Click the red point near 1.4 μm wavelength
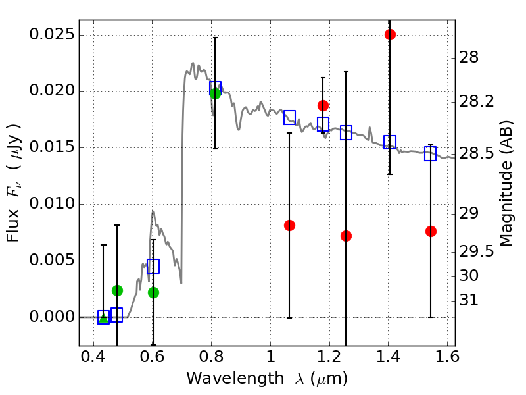[x=390, y=34]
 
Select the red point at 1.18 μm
[x=323, y=105]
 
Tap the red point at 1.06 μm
[x=289, y=225]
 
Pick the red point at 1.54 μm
[x=431, y=231]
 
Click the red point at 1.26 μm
[x=346, y=236]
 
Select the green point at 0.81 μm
[x=215, y=93]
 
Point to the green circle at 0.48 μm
[x=117, y=290]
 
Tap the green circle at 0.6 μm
[x=153, y=292]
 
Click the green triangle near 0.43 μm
[x=103, y=318]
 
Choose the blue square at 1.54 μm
[x=431, y=153]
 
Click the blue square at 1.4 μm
[x=390, y=142]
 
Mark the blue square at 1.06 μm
[x=289, y=117]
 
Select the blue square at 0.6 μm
[x=153, y=266]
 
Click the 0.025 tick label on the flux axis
[x=53, y=34]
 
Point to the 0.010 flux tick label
[x=53, y=204]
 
